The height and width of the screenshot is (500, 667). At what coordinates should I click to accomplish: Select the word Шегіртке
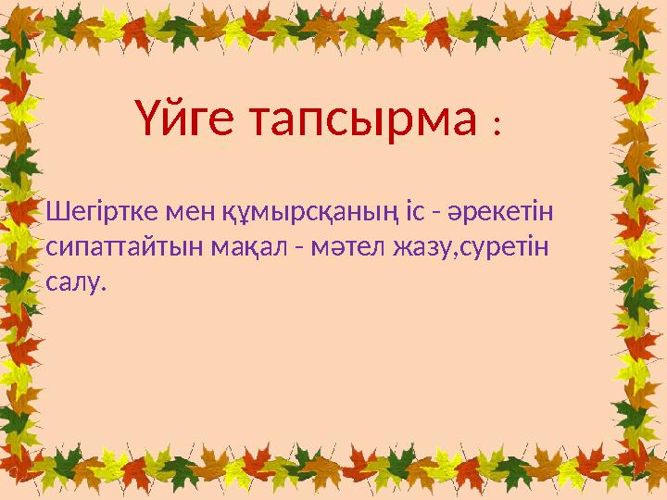[x=101, y=215]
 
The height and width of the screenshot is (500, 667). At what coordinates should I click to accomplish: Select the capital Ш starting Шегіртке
[x=54, y=215]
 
